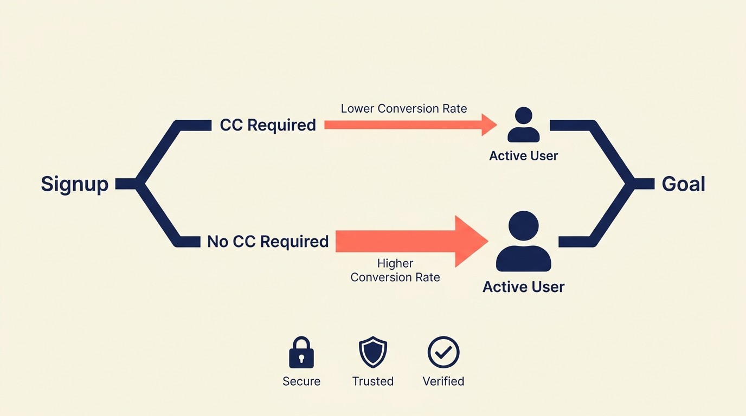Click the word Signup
(x=74, y=184)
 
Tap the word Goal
(x=683, y=184)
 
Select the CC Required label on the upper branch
(x=268, y=125)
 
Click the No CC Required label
(x=268, y=242)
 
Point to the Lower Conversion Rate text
(x=403, y=108)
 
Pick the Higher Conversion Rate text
(x=395, y=270)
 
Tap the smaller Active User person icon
(x=523, y=125)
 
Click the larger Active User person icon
(x=524, y=242)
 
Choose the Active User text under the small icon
(x=523, y=156)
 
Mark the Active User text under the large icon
(x=523, y=287)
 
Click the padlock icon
(x=301, y=353)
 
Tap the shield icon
(x=373, y=353)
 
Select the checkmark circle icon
(x=443, y=353)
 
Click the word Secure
(x=301, y=381)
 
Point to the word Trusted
(x=373, y=381)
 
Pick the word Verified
(x=443, y=381)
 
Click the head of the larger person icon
(x=524, y=226)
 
